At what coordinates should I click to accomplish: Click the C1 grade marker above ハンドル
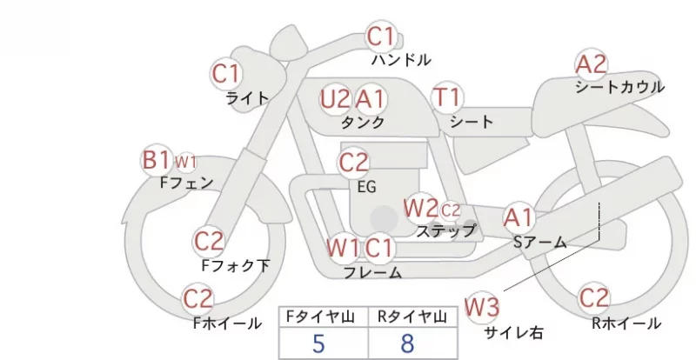381,37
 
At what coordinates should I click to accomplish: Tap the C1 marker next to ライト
226,74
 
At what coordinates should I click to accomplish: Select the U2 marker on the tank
335,99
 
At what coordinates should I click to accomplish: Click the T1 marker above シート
447,97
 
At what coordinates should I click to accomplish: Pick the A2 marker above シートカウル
591,64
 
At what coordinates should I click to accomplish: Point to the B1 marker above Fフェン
156,160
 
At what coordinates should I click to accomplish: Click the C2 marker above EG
353,163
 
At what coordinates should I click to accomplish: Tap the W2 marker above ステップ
420,208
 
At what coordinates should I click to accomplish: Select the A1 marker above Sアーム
519,218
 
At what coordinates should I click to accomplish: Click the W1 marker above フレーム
342,248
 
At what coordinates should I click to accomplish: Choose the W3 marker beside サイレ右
482,307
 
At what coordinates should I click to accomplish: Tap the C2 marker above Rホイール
593,298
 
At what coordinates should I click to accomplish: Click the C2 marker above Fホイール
198,299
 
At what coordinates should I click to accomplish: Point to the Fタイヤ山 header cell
324,317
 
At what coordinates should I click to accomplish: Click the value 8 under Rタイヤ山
407,343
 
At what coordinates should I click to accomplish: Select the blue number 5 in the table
318,343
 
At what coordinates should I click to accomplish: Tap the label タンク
362,122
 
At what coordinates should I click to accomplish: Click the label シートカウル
619,87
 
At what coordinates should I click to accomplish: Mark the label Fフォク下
236,265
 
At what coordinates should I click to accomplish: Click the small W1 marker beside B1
185,163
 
